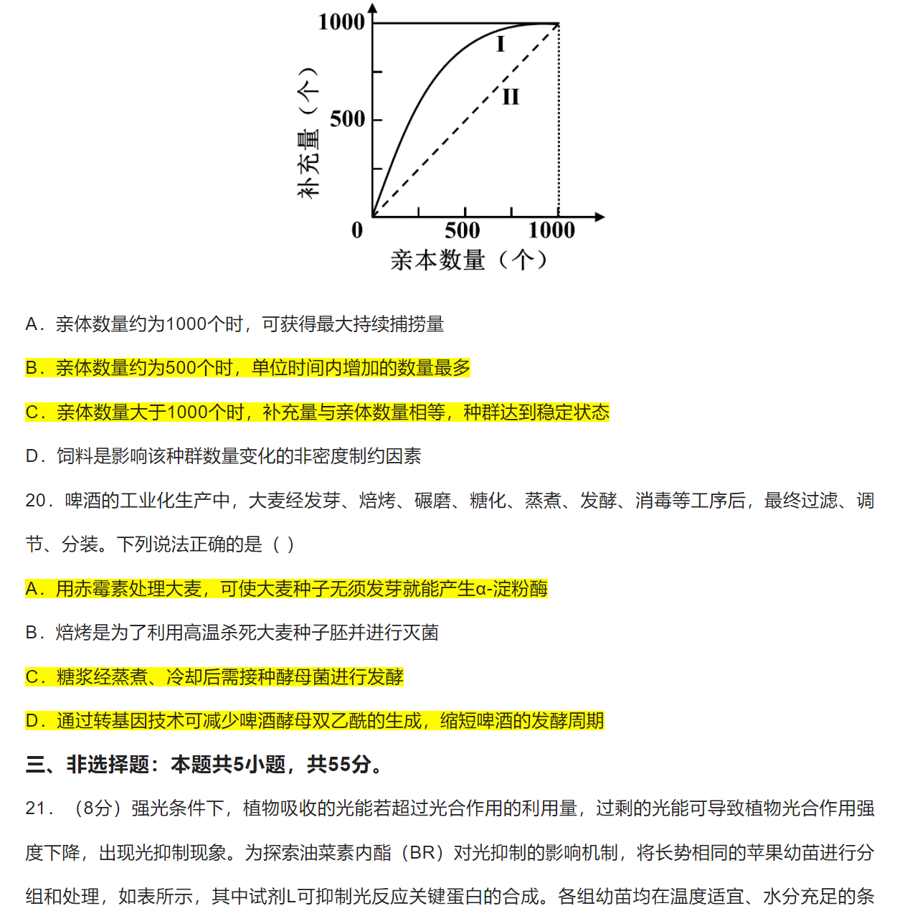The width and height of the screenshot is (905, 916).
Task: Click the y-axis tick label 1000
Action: [341, 22]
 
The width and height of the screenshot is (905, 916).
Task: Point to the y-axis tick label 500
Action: [347, 119]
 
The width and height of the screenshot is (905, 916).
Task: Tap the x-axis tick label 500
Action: [463, 231]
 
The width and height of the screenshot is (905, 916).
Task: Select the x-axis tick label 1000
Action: [551, 231]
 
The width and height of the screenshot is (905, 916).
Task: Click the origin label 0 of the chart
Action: [357, 231]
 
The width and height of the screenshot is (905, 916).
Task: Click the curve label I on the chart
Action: [501, 44]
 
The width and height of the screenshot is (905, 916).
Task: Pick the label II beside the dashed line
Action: [511, 97]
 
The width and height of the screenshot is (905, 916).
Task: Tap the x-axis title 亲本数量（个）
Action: [470, 260]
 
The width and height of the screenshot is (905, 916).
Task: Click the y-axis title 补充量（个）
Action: [308, 133]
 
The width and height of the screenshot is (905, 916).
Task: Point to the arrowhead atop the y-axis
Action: [372, 9]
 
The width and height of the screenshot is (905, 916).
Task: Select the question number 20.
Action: [35, 501]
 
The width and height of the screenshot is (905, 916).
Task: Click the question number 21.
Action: [35, 808]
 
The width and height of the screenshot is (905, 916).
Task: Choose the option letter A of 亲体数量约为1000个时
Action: [32, 324]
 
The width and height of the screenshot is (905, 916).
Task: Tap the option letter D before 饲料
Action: [32, 456]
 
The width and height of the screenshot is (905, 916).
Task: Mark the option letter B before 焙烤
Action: [32, 633]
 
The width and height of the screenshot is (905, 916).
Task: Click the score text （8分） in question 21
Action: [97, 808]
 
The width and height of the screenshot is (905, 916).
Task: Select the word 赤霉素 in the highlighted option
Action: [101, 589]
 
